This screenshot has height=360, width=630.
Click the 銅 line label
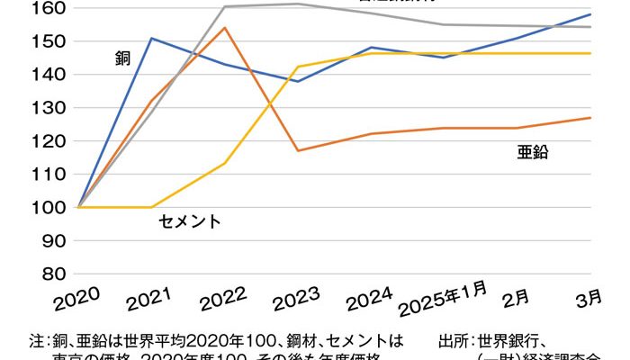[123, 59]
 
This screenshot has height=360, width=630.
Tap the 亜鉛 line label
[533, 153]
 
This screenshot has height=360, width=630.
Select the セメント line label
[189, 221]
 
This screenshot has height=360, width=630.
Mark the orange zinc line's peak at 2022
[224, 28]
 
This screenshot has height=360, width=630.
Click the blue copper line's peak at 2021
[151, 38]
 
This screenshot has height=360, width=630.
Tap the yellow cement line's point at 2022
[224, 163]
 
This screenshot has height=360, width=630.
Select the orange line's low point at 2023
[298, 150]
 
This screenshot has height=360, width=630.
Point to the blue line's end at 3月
[591, 14]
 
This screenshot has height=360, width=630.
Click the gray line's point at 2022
[224, 6]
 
